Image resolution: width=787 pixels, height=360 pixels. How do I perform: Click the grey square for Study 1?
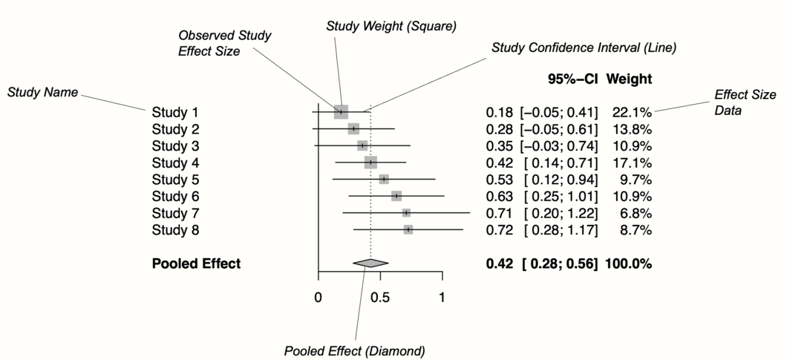click(341, 112)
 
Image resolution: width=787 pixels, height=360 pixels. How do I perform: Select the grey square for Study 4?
click(370, 163)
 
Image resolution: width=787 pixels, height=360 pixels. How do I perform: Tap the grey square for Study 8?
click(408, 230)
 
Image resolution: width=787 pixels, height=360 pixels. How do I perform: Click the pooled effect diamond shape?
click(370, 263)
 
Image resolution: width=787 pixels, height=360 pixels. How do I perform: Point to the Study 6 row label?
click(175, 196)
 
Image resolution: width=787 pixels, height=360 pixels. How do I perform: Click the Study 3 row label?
click(175, 145)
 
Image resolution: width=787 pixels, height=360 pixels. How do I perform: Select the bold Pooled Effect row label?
click(196, 263)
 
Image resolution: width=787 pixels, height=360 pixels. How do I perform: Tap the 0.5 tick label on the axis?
click(380, 298)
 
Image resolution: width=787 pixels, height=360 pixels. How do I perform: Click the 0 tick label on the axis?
click(318, 298)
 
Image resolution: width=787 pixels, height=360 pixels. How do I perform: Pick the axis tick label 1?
click(443, 298)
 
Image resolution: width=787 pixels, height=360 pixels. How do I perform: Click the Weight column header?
click(630, 79)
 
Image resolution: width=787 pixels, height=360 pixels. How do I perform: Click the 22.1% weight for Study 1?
click(632, 112)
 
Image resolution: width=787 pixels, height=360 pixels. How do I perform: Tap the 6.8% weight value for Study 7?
click(636, 213)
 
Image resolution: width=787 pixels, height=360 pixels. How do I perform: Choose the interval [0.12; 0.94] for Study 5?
click(561, 180)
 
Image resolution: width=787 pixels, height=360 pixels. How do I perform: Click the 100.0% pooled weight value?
click(629, 263)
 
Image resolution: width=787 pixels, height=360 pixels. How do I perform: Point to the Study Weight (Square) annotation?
click(391, 26)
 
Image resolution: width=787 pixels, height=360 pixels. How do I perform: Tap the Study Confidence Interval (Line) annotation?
click(584, 48)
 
